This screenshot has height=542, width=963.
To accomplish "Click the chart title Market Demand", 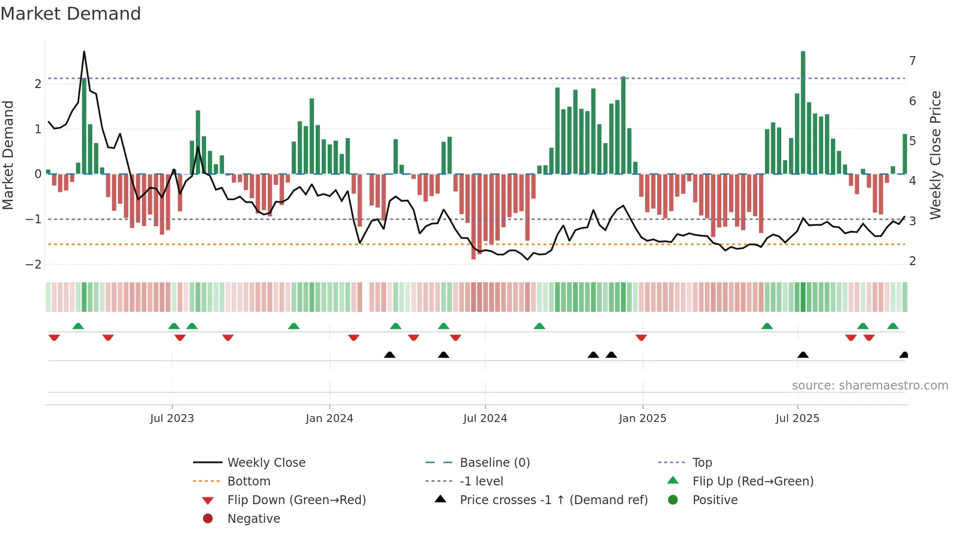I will (x=71, y=14).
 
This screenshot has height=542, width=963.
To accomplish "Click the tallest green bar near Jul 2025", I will (x=803, y=113).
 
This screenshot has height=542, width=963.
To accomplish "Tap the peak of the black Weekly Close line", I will (x=84, y=52).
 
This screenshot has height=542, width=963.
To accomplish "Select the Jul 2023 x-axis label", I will (x=172, y=419).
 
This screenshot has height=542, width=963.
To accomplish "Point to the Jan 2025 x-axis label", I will (x=642, y=419).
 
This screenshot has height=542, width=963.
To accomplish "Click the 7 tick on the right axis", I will (x=912, y=60).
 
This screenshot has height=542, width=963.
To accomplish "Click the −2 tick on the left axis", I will (x=33, y=265).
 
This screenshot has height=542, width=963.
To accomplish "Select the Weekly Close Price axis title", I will (x=935, y=155).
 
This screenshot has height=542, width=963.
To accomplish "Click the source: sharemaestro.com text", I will (x=870, y=386).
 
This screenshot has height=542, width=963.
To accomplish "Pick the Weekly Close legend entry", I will (x=266, y=463).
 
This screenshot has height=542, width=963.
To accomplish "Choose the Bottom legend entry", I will (x=249, y=482).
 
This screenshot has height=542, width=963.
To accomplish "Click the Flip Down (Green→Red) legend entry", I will (x=296, y=500).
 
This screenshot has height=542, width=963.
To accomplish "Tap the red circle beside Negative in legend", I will (x=208, y=519).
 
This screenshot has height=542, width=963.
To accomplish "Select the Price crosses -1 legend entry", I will (x=553, y=500).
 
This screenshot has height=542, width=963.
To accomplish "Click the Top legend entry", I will (x=702, y=463).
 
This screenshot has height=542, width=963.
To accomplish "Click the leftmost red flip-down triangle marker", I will (x=54, y=337).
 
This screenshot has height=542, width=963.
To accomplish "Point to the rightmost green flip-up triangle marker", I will (x=893, y=326).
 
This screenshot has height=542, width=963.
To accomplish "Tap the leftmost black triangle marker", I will (x=390, y=355).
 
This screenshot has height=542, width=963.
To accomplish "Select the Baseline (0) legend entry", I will (x=494, y=463).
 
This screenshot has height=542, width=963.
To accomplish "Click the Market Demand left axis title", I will (x=8, y=155).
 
